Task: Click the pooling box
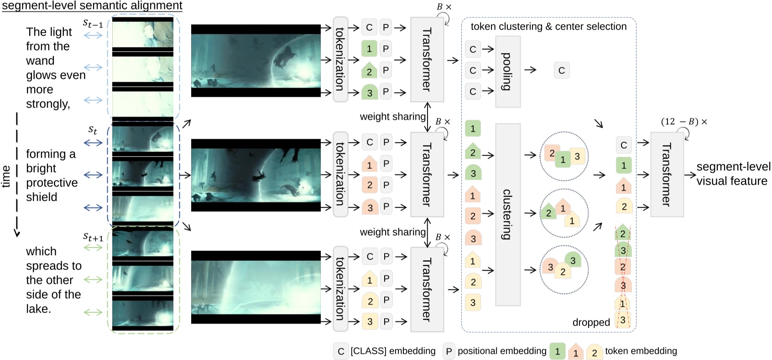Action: [x=507, y=72]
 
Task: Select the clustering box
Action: [x=507, y=214]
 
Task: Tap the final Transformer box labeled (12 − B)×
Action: [x=667, y=174]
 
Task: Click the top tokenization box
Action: [x=340, y=59]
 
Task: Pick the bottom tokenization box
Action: [x=340, y=288]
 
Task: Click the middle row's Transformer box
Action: [x=427, y=174]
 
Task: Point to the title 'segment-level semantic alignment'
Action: [x=92, y=5]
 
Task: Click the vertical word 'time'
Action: [x=6, y=176]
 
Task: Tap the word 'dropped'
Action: [x=591, y=323]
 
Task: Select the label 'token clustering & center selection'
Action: [x=548, y=26]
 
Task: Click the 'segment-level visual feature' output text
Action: [x=733, y=174]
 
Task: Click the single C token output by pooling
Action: [x=562, y=70]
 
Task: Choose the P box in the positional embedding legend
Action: [x=449, y=351]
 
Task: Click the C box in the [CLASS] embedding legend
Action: [x=340, y=351]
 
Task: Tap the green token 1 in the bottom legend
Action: [x=557, y=351]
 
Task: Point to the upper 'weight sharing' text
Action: [x=392, y=116]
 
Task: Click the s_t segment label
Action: [x=93, y=130]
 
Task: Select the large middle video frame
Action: [x=256, y=175]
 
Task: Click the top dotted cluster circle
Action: [x=564, y=156]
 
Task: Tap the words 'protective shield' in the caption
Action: [x=51, y=190]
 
